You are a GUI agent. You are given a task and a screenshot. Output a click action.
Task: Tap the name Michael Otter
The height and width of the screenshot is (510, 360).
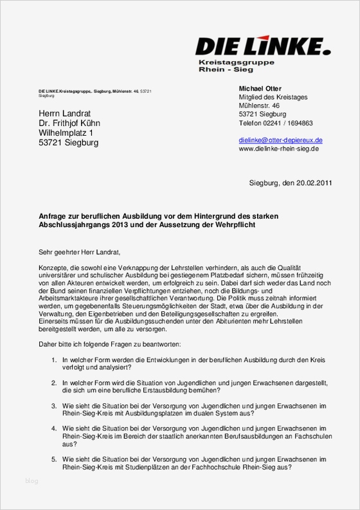coord(260,88)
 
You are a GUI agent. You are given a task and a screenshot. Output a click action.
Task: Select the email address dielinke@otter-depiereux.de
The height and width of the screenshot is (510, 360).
coord(280,140)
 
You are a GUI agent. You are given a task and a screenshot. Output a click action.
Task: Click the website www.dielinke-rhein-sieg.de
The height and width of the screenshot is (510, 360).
coord(278,149)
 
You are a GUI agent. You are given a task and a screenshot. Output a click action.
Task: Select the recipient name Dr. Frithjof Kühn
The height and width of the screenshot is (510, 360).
coord(69,123)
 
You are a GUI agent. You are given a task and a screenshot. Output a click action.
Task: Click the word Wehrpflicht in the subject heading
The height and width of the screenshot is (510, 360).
coord(239,225)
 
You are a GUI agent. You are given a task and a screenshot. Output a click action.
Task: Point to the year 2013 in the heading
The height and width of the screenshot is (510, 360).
coord(111,225)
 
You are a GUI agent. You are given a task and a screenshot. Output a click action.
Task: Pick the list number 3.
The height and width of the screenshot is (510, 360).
coord(54,406)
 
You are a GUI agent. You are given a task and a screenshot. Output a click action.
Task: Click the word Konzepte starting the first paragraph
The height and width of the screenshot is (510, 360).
coord(53,266)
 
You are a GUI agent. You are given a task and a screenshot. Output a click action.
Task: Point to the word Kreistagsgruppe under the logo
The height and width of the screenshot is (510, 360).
coord(236,62)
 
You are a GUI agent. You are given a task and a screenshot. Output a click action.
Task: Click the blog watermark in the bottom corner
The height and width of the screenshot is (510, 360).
coord(32,480)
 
